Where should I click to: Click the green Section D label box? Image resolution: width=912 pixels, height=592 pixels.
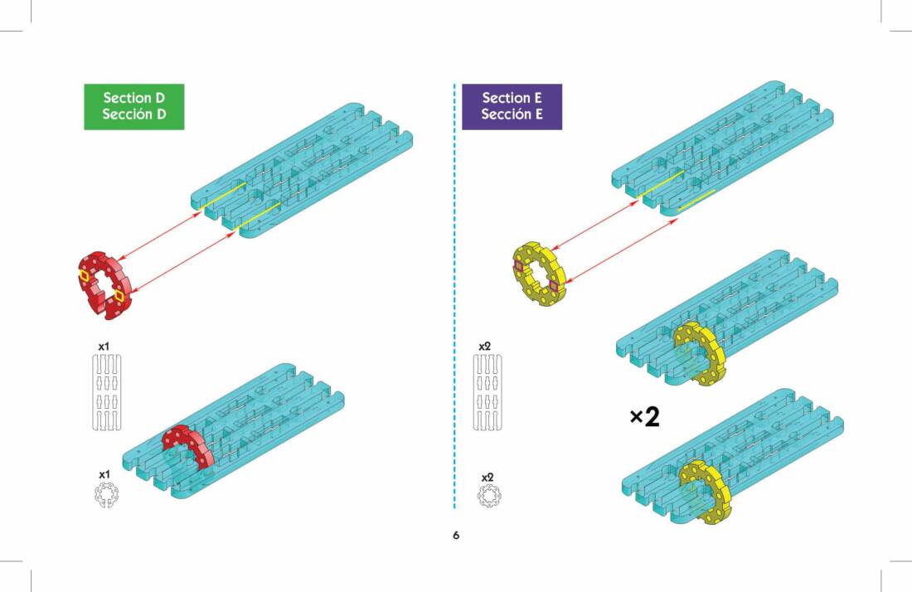[133, 106]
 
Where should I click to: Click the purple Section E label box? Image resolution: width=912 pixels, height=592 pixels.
[512, 106]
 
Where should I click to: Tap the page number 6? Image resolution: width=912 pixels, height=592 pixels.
[456, 536]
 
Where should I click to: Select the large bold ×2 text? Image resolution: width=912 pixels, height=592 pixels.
[644, 417]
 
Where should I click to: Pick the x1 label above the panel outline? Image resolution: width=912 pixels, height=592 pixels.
[104, 346]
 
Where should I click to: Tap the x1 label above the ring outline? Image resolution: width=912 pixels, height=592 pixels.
[104, 474]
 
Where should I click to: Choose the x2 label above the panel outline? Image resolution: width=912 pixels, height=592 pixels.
[487, 346]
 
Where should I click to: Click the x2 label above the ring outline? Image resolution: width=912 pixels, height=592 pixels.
[488, 478]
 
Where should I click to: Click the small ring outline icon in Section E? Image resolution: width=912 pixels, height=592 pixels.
[489, 497]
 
